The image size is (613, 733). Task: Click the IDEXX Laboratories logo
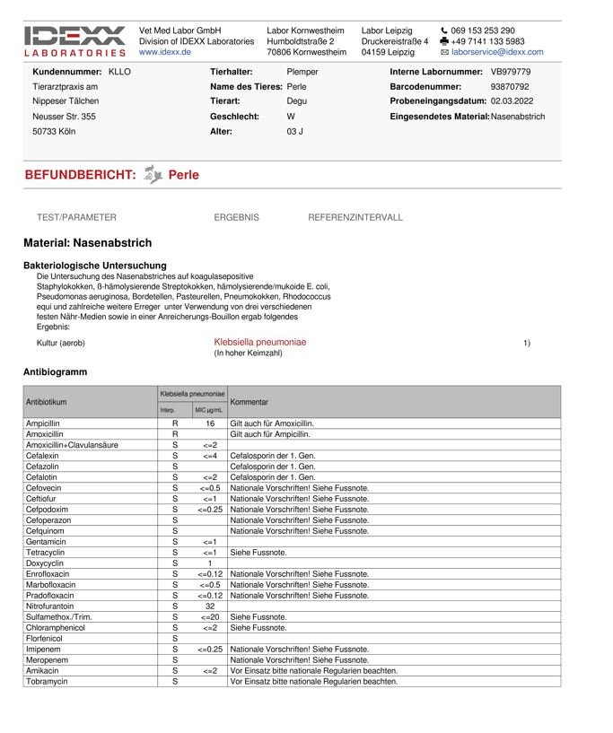coord(75,40)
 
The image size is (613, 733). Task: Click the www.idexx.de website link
coord(165,52)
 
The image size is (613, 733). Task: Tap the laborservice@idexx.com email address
coord(497,52)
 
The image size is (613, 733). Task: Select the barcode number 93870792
coord(510,86)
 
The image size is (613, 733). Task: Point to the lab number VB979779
coord(511,71)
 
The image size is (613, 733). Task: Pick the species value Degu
coord(296,101)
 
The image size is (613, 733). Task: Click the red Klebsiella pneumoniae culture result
coord(259,342)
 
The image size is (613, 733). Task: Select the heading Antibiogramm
coord(55,371)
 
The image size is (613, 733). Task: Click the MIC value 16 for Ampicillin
coord(210,423)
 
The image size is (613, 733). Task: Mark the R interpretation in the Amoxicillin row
coord(175,433)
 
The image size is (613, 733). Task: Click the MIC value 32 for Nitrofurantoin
coord(210,606)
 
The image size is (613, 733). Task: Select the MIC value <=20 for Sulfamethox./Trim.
coord(209,616)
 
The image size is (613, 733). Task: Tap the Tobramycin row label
coord(48,681)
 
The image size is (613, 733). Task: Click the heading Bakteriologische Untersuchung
coord(94,266)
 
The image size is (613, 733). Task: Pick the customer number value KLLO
coord(119,71)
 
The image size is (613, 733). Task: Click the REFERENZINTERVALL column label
coord(355,217)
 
